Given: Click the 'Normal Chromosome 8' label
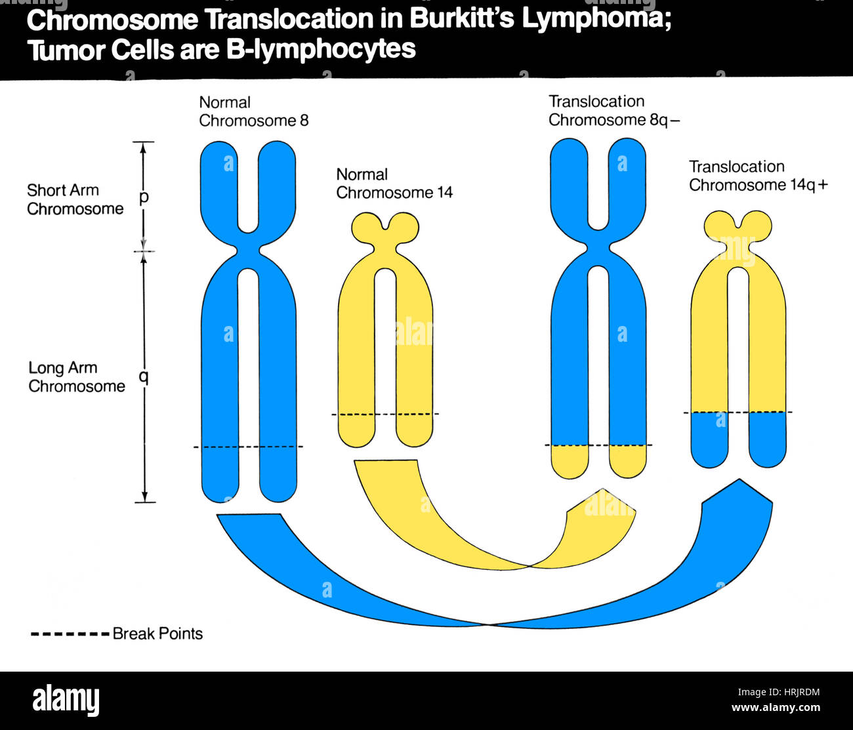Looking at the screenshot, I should click(x=253, y=112).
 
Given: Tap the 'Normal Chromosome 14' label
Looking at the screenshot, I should click(x=394, y=184).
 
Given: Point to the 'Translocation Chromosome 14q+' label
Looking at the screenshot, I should click(x=758, y=176).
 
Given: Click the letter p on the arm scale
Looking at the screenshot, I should click(x=144, y=196).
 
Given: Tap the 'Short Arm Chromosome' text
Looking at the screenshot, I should click(x=75, y=199).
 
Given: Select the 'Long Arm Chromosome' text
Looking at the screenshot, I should click(x=76, y=377).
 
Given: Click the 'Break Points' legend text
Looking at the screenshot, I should click(x=157, y=634).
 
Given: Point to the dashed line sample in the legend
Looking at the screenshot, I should click(x=70, y=634).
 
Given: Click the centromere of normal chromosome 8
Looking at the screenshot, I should click(x=248, y=251).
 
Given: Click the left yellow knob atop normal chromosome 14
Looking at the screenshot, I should click(x=366, y=228).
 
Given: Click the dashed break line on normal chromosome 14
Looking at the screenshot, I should click(x=385, y=414).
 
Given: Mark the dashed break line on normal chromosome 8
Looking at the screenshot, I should click(x=248, y=447).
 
